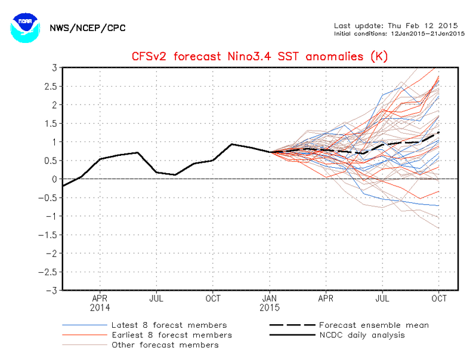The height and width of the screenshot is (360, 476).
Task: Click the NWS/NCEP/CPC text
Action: point(87,28)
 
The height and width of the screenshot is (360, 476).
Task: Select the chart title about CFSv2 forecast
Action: point(259,57)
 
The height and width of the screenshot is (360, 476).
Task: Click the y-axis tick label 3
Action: point(54,67)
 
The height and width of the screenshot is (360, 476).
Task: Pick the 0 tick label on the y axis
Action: point(54,179)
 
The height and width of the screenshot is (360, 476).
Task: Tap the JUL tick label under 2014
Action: point(156,297)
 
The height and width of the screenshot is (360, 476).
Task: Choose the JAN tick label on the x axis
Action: point(270,297)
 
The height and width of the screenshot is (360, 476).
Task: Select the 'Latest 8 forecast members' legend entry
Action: point(169,325)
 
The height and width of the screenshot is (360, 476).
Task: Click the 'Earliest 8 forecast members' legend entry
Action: point(172,335)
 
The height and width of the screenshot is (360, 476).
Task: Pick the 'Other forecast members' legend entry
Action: point(165,344)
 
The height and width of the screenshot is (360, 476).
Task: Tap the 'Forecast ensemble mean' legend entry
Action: point(374,325)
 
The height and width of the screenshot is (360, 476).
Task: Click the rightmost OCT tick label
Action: point(440,297)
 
